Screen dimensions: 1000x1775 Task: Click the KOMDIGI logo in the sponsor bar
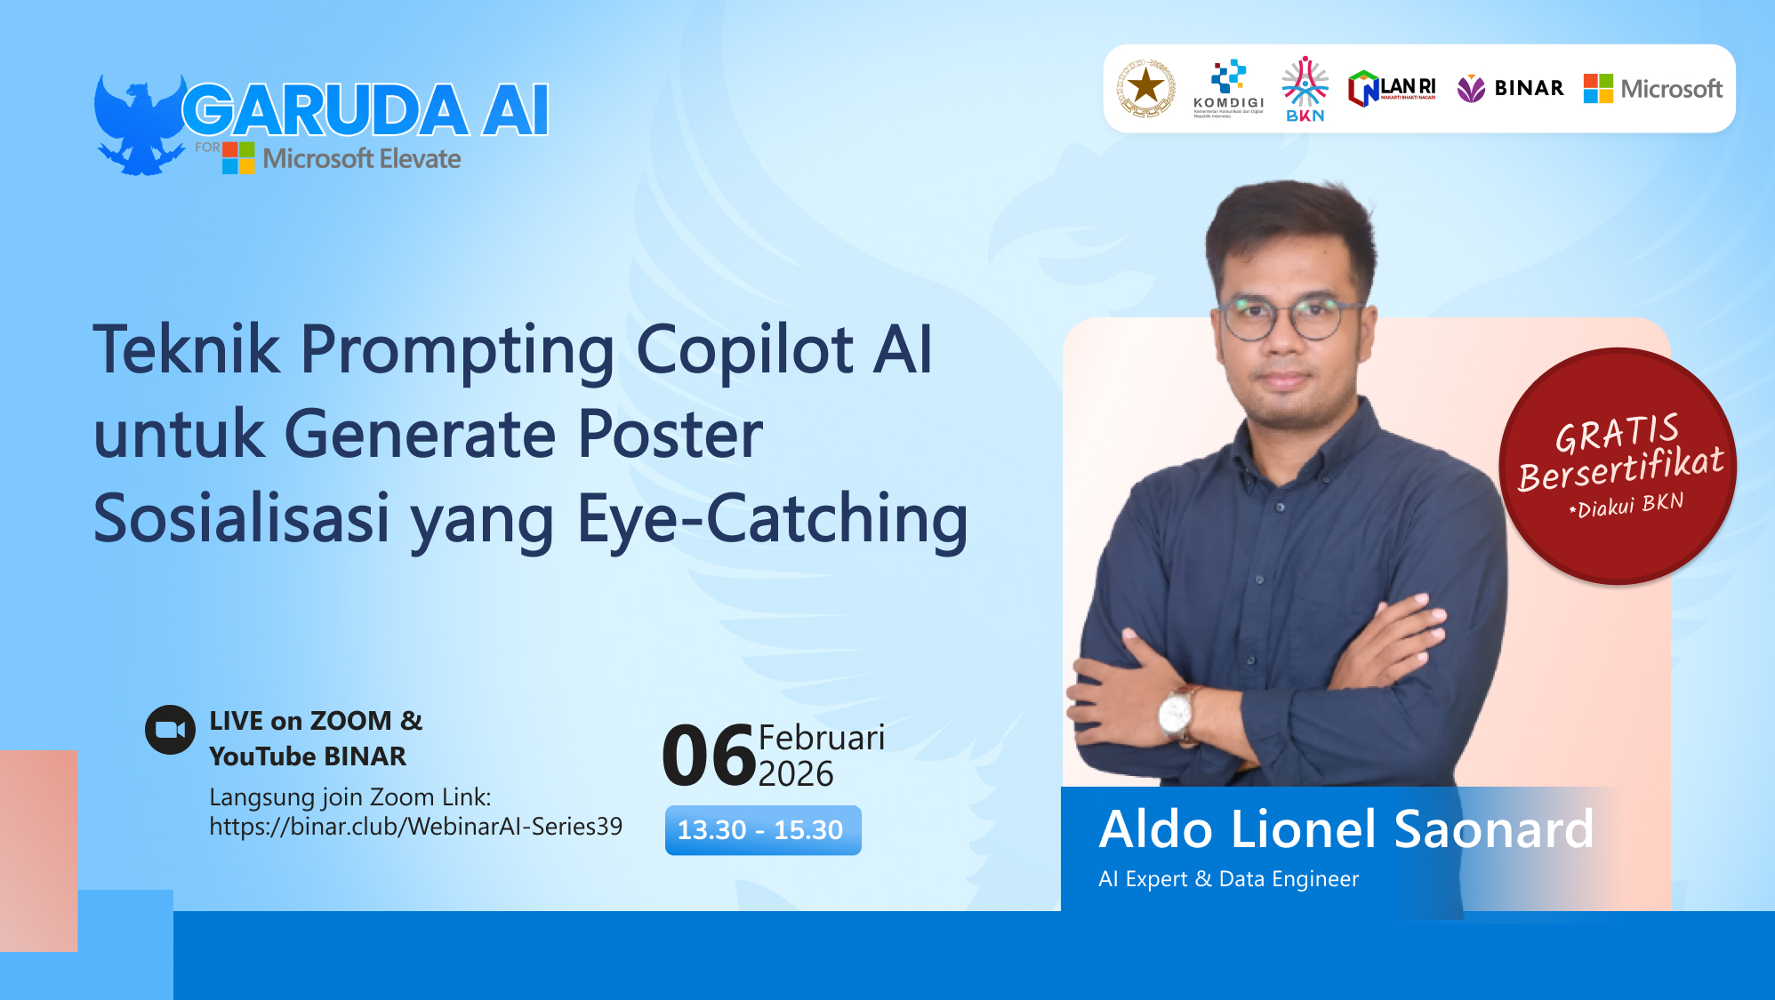[1228, 88]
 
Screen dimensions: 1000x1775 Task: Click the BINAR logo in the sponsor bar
[1510, 88]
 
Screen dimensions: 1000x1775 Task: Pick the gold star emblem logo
[1146, 88]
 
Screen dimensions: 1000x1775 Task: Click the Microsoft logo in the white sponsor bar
[1653, 89]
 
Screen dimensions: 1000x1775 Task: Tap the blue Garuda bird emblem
[138, 124]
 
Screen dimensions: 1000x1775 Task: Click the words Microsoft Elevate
[361, 159]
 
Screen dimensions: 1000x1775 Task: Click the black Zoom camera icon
[170, 730]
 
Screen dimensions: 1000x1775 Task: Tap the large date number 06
[709, 756]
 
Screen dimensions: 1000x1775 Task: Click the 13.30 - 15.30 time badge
[762, 830]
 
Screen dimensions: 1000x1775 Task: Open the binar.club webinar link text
[415, 827]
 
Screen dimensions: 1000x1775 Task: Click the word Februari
[821, 738]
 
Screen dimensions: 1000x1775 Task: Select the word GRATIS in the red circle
[1617, 433]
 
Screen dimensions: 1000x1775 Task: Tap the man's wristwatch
[1176, 711]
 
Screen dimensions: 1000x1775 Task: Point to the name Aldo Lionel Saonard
[1345, 829]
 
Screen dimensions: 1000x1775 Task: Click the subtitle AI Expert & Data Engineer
[1228, 879]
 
